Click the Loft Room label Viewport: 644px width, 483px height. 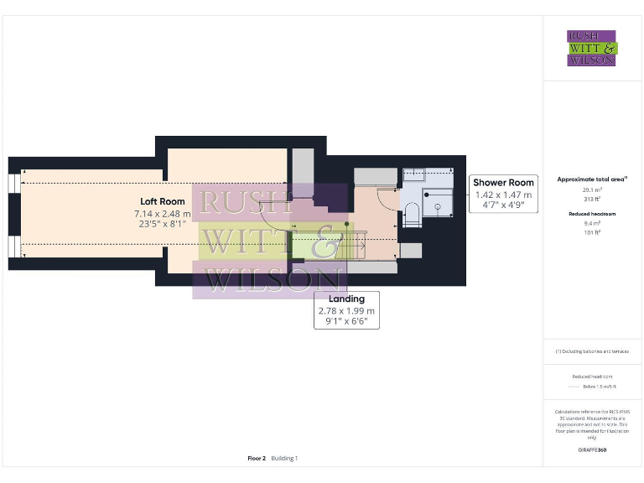(x=163, y=201)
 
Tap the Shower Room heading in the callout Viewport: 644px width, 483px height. (x=503, y=183)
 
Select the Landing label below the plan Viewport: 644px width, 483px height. (x=346, y=299)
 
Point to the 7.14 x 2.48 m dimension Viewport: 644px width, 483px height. (x=163, y=214)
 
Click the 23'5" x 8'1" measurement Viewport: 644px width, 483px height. (x=163, y=225)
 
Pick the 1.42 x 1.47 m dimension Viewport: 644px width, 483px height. (x=503, y=195)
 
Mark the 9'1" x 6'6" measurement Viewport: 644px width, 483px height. (x=346, y=321)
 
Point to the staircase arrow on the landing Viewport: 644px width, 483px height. (x=319, y=226)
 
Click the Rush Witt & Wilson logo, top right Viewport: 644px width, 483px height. (x=592, y=48)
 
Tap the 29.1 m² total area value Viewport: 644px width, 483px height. (x=592, y=190)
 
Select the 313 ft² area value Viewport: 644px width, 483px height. (x=592, y=198)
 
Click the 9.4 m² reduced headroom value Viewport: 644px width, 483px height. (x=592, y=223)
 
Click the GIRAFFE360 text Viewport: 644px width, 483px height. (x=592, y=450)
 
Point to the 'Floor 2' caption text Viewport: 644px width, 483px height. (x=257, y=459)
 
